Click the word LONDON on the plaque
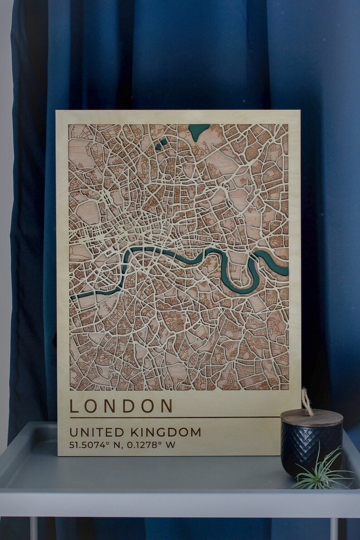[121, 405]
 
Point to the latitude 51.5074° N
[95, 445]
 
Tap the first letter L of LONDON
[74, 405]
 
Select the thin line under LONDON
[175, 417]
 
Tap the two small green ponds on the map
[161, 144]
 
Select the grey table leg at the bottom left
[34, 528]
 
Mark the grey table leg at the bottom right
[334, 528]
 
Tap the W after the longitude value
[170, 445]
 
